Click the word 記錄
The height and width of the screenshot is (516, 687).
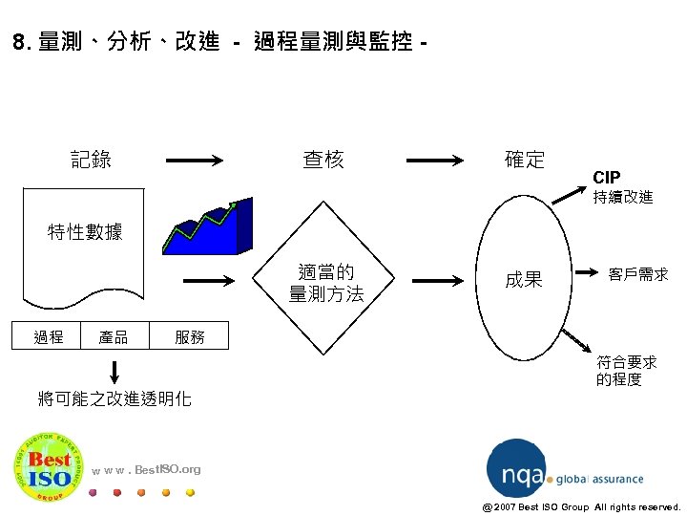pos(91,160)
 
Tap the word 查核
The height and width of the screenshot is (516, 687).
pos(323,160)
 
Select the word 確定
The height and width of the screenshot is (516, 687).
pos(524,160)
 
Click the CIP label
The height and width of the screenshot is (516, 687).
pos(606,178)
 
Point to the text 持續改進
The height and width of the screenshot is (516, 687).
pos(623,197)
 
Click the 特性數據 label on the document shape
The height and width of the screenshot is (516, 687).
pos(85,231)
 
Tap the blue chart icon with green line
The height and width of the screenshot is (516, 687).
pos(206,228)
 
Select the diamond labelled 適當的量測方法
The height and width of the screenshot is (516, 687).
pos(326,283)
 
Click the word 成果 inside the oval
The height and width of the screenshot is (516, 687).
pos(524,280)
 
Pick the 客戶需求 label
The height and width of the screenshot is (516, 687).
pos(638,274)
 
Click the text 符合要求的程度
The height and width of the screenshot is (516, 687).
pos(626,371)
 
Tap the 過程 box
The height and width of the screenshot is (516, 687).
pos(49,336)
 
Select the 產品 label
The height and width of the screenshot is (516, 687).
pos(114,336)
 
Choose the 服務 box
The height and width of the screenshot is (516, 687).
pos(189,336)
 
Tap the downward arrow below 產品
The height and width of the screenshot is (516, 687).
pos(114,371)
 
